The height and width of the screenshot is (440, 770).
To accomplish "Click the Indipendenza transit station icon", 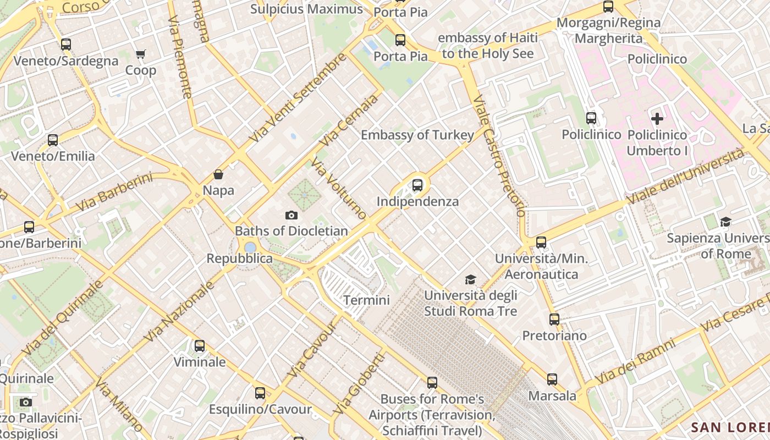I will pyautogui.click(x=417, y=185).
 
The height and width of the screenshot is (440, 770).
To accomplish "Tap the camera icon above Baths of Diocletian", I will pyautogui.click(x=291, y=215).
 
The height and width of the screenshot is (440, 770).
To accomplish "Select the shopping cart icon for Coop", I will pyautogui.click(x=140, y=54).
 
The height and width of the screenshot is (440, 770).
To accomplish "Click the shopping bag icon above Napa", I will pyautogui.click(x=218, y=175).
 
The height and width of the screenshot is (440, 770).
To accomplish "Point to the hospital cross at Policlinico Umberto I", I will pyautogui.click(x=657, y=118).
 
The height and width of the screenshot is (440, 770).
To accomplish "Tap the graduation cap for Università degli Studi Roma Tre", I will pyautogui.click(x=470, y=280).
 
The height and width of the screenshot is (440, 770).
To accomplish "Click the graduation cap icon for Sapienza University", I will pyautogui.click(x=725, y=222).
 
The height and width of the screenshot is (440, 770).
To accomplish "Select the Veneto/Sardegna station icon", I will pyautogui.click(x=66, y=45).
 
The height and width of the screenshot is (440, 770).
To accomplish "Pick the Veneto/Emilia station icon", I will pyautogui.click(x=53, y=140).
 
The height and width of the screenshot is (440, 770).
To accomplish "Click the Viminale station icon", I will pyautogui.click(x=200, y=346).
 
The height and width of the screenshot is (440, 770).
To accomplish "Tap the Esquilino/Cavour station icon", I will pyautogui.click(x=260, y=393).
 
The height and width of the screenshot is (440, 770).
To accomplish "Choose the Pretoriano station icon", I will pyautogui.click(x=554, y=320).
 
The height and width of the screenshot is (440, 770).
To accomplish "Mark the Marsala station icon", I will pyautogui.click(x=552, y=380).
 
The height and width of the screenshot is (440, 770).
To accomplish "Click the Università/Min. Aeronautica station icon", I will pyautogui.click(x=541, y=243).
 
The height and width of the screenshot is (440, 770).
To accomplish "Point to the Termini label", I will pyautogui.click(x=366, y=300).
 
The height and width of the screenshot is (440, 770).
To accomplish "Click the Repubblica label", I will pyautogui.click(x=239, y=258).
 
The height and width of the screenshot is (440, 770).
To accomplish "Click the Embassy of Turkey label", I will pyautogui.click(x=417, y=135).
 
